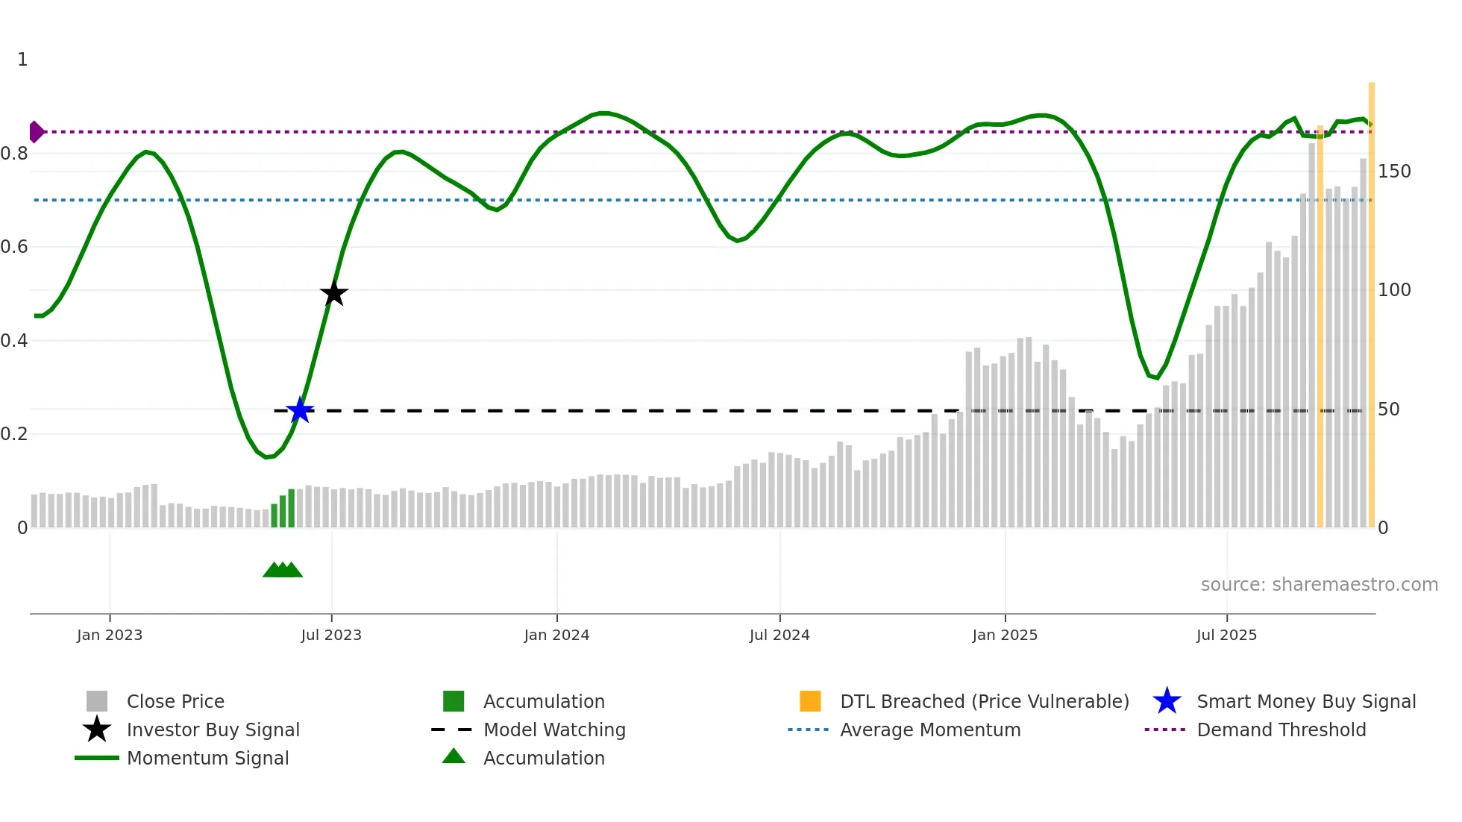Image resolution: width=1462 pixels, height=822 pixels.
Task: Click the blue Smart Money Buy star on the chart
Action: click(x=300, y=410)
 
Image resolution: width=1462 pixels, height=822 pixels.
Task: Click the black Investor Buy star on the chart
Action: click(x=334, y=294)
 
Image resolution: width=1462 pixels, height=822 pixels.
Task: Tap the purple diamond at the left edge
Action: click(x=36, y=132)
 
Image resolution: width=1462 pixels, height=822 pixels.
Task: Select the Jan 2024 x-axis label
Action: click(x=556, y=635)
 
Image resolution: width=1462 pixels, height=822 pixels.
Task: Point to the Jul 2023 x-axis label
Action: click(x=331, y=635)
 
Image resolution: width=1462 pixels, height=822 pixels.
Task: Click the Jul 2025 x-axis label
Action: click(x=1226, y=635)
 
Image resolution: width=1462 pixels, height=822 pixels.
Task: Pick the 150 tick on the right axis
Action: click(x=1394, y=172)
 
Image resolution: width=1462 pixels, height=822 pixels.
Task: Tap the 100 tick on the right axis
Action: click(x=1394, y=290)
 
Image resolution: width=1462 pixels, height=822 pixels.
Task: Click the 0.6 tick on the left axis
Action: click(x=14, y=247)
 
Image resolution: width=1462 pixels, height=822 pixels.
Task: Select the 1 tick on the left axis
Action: click(x=22, y=60)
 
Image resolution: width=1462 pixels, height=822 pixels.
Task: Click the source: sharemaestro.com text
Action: click(x=1319, y=585)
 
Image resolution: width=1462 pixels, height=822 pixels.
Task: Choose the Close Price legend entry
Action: click(x=175, y=702)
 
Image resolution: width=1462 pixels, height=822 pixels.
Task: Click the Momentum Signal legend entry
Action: click(x=207, y=759)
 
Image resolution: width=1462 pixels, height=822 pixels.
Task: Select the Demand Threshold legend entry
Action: click(x=1281, y=730)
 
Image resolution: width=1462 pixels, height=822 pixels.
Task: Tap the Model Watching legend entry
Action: click(x=554, y=730)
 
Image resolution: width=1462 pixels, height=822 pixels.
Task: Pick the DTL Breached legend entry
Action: click(x=984, y=702)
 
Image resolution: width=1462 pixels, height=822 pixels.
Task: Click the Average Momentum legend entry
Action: click(x=930, y=730)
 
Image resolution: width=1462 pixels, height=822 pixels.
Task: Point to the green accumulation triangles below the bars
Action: click(x=283, y=570)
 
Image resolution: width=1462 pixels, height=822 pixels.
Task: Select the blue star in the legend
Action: click(x=1167, y=701)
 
